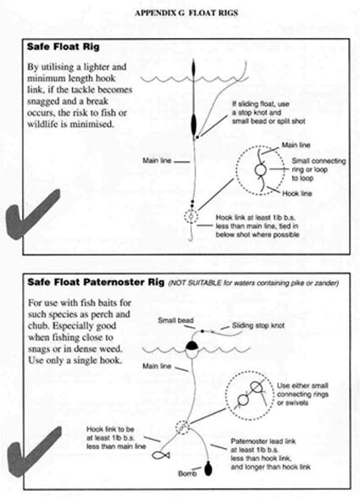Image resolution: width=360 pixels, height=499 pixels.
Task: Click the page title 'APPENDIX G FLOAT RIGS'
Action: pos(186,13)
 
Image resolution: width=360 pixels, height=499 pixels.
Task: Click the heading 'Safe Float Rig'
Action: pos(63,47)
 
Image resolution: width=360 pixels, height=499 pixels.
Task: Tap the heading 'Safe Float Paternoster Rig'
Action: pos(96,282)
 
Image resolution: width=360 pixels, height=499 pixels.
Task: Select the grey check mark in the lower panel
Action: pos(32,452)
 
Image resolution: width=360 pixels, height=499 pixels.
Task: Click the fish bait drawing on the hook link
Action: pos(161,455)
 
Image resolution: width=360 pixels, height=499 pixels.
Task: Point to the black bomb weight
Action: pos(208,469)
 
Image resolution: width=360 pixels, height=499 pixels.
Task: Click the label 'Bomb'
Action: pos(187,474)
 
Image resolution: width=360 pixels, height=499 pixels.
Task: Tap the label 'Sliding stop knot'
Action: pos(258,325)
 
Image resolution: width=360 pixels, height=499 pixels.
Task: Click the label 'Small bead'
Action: pos(175,320)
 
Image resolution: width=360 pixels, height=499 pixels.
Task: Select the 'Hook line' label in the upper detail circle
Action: pos(297,193)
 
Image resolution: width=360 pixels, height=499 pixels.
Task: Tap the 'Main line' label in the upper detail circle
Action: pos(296,145)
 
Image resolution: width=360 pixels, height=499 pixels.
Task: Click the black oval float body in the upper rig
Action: pos(194,125)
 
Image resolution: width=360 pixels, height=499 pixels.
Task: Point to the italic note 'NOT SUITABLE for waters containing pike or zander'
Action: pos(253,283)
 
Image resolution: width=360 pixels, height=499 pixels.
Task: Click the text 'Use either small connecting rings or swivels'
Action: pos(302,394)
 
